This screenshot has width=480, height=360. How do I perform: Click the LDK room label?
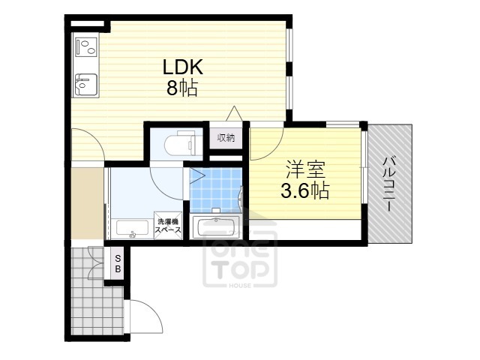[x=183, y=67]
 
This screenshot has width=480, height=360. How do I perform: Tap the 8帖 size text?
[x=182, y=88]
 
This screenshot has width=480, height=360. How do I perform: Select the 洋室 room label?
[x=305, y=169]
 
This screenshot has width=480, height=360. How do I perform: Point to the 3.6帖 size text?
[x=305, y=190]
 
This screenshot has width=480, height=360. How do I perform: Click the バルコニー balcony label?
[x=389, y=184]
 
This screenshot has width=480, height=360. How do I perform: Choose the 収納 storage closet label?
[x=226, y=138]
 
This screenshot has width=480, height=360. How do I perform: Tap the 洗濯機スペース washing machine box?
[x=168, y=226]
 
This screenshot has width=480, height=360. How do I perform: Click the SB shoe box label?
[x=118, y=264]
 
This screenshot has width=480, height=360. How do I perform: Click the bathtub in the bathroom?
[x=216, y=226]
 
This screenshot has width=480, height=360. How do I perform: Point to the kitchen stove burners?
[x=87, y=46]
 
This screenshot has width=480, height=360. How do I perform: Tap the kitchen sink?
[x=86, y=85]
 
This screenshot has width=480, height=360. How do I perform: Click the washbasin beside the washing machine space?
[x=132, y=229]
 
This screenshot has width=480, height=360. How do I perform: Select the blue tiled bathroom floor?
[x=216, y=190]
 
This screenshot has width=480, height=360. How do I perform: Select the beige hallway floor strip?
[x=87, y=203]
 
